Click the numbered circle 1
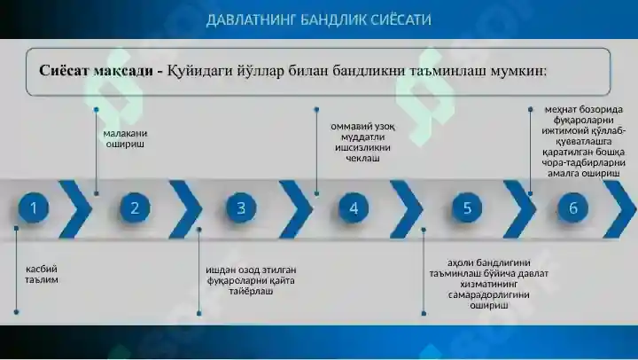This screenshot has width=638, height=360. pyautogui.click(x=34, y=208)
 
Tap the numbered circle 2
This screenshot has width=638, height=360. pyautogui.click(x=135, y=208)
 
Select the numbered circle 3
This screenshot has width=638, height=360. pyautogui.click(x=241, y=208)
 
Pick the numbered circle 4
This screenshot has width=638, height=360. pyautogui.click(x=354, y=208)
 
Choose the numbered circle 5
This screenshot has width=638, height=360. pyautogui.click(x=467, y=208)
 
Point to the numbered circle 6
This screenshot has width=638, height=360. pyautogui.click(x=573, y=208)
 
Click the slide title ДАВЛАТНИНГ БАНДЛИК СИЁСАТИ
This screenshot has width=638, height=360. pyautogui.click(x=319, y=20)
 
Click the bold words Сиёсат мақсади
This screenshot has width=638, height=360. pyautogui.click(x=96, y=71)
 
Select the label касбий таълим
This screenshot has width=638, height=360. pyautogui.click(x=42, y=275)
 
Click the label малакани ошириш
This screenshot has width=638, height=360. pyautogui.click(x=125, y=138)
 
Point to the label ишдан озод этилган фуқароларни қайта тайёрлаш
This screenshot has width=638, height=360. pyautogui.click(x=251, y=280)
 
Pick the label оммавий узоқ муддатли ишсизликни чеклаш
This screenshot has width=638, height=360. pyautogui.click(x=362, y=142)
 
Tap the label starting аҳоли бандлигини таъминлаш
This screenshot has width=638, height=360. pyautogui.click(x=488, y=284)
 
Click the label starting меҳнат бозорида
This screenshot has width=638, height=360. pyautogui.click(x=583, y=141)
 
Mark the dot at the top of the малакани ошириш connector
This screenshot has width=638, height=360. pyautogui.click(x=96, y=110)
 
